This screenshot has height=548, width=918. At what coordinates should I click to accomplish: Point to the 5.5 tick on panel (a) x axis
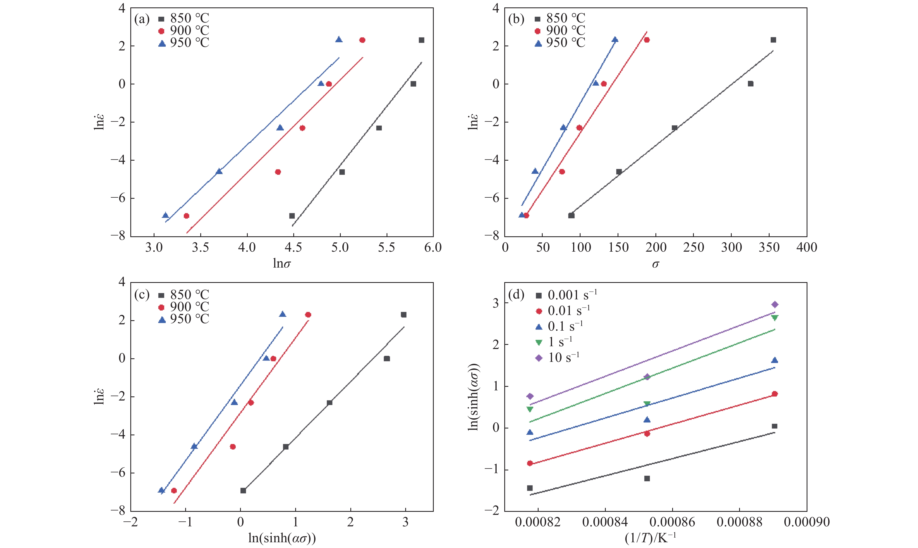(x=386, y=248)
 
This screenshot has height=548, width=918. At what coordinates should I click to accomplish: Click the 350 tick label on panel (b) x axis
(x=769, y=248)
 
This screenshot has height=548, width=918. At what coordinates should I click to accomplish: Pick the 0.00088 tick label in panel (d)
(x=739, y=522)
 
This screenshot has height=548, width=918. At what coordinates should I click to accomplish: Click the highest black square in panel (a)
(x=421, y=40)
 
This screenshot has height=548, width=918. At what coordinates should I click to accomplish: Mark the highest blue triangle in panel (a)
(x=339, y=39)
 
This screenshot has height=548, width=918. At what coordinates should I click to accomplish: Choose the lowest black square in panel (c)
(x=243, y=490)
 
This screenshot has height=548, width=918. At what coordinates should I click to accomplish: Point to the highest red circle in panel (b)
(x=647, y=40)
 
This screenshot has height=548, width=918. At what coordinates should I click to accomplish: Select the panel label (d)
(x=516, y=295)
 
